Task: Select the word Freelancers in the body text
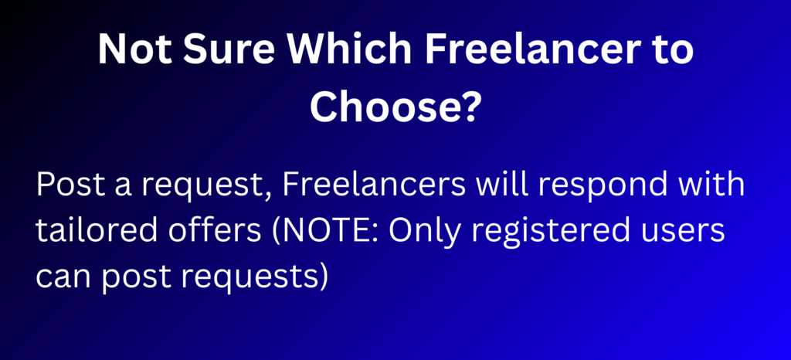tap(374, 185)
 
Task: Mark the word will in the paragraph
tap(501, 185)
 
